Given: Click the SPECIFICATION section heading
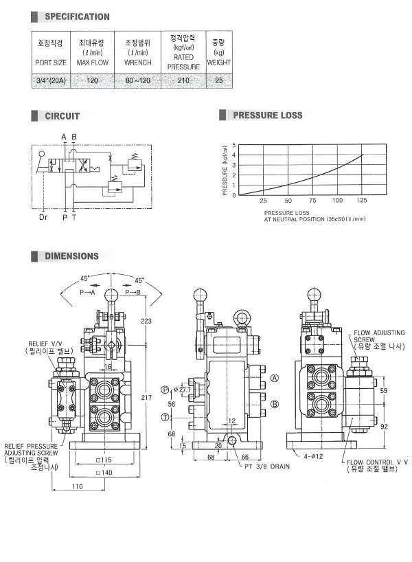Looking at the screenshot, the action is (77, 17).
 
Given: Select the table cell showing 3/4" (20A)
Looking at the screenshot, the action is (51, 80).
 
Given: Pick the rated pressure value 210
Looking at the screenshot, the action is (183, 80).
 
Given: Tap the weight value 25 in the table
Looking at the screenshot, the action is (219, 80).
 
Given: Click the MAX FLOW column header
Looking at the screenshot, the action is (93, 63).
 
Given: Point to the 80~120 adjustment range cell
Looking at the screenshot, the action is (137, 80).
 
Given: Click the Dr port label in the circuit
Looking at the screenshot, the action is (43, 217).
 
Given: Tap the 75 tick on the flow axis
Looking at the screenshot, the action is (312, 201).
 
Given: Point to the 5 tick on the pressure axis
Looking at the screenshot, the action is (234, 145).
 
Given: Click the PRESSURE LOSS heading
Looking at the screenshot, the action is (268, 115).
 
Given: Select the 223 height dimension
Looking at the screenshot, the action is (146, 321).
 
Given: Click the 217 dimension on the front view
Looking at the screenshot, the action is (146, 398).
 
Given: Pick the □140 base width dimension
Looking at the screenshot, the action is (104, 473).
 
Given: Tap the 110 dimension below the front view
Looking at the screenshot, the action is (78, 486).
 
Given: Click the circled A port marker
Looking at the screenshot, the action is (275, 378).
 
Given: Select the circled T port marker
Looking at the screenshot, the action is (165, 417).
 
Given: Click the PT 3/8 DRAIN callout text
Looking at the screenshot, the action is (267, 467).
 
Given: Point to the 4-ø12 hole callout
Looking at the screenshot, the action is (314, 456).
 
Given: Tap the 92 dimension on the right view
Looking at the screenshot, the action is (384, 427).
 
